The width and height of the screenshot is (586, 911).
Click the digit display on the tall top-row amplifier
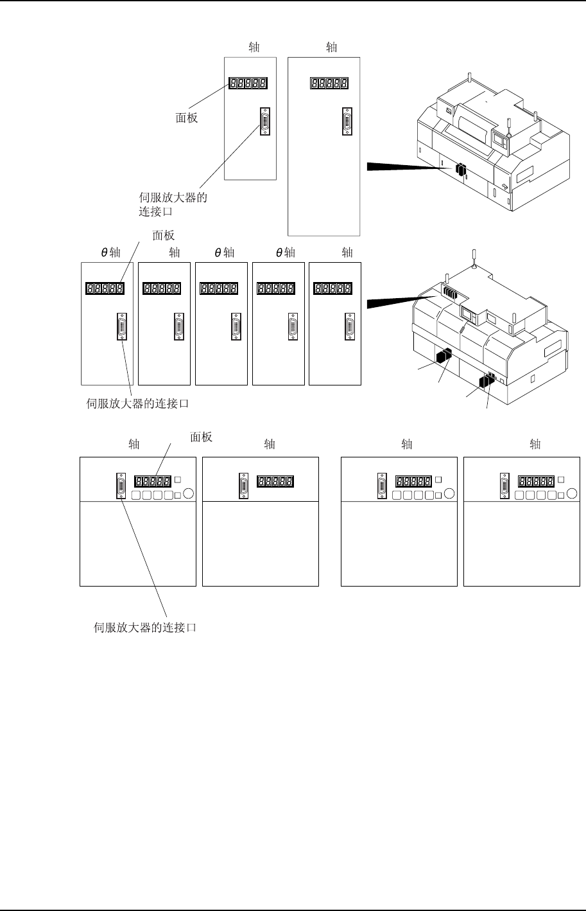329,84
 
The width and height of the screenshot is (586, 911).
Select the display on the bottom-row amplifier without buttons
275,481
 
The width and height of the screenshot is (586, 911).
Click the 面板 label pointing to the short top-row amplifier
186,118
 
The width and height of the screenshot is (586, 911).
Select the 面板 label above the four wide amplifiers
202,437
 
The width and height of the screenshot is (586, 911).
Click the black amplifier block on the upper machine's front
460,170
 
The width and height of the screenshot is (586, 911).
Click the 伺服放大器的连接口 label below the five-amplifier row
139,404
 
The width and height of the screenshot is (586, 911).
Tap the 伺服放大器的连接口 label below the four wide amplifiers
145,628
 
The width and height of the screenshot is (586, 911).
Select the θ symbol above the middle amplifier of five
218,252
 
